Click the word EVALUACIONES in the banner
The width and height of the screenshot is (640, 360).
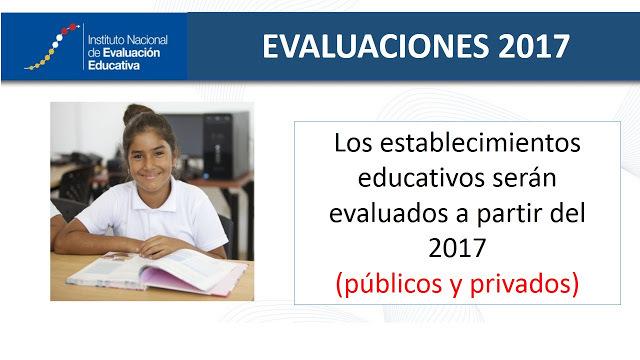click(376, 46)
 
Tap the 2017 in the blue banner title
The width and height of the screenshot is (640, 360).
click(534, 46)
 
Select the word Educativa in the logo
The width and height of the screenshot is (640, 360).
click(114, 65)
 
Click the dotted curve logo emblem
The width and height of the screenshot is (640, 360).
click(52, 47)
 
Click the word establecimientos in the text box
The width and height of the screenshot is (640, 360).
click(480, 143)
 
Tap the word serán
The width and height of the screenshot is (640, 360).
click(525, 178)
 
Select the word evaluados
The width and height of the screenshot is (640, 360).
click(388, 213)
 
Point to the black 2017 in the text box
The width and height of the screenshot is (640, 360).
click(457, 248)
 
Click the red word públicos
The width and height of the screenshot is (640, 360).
click(393, 284)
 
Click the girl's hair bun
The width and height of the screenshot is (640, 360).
click(136, 113)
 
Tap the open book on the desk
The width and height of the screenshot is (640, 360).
click(157, 272)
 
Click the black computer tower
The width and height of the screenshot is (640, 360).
click(226, 146)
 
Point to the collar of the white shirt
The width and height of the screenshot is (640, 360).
click(152, 198)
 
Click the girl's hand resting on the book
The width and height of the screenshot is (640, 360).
click(160, 246)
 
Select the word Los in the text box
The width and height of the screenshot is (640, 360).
click(353, 143)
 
